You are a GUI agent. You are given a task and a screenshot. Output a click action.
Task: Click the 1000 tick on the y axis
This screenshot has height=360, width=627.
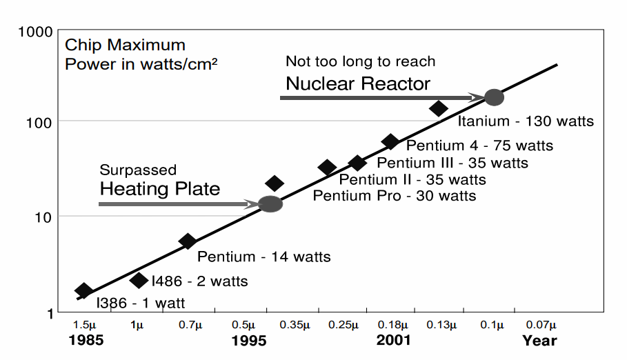[x=36, y=32]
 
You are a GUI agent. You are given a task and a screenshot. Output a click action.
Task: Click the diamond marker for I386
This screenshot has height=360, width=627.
[x=83, y=290]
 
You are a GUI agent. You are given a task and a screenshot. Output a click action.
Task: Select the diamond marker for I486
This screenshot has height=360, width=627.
[x=139, y=279]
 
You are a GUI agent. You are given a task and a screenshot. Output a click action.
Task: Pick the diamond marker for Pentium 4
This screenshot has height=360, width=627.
[x=390, y=141]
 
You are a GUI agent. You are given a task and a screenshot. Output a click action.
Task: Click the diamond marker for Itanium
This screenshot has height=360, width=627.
[x=439, y=108]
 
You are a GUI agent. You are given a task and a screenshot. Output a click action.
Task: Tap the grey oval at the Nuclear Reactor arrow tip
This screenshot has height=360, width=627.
[x=494, y=97]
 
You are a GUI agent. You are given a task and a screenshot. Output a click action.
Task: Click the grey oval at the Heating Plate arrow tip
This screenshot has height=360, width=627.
[x=270, y=203]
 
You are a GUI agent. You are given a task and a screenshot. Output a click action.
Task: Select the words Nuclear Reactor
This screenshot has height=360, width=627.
[x=358, y=84]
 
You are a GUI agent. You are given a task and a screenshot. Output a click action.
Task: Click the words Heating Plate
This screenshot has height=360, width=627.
[x=160, y=188]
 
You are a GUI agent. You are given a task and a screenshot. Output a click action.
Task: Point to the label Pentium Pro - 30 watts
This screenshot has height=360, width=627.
[x=394, y=196]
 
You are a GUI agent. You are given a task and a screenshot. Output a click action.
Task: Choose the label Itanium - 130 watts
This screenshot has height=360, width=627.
[x=526, y=121]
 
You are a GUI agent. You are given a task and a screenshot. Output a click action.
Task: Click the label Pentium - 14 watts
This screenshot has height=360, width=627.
[x=263, y=257]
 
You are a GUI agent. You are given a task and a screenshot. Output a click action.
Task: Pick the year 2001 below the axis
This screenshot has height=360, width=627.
[x=394, y=340]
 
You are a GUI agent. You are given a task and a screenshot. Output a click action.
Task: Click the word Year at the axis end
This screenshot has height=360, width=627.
[x=539, y=340]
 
